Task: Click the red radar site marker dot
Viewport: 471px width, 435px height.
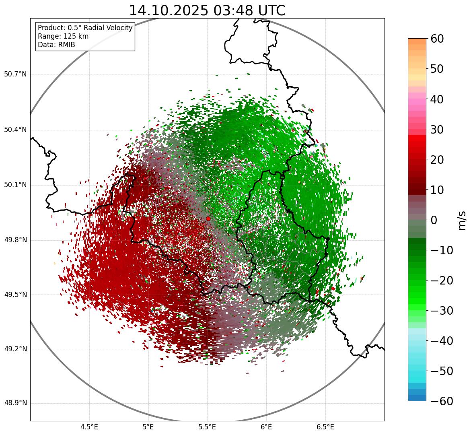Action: (x=208, y=219)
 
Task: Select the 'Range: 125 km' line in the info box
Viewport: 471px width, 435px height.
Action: (x=63, y=36)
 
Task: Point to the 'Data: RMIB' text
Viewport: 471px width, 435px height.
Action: (x=56, y=45)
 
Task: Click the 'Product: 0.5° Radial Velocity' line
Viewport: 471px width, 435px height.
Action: (x=85, y=28)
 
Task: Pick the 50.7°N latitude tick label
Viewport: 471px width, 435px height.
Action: (x=15, y=74)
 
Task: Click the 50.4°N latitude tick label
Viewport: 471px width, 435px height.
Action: (x=15, y=130)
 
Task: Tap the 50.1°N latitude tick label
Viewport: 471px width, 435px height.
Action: (x=15, y=185)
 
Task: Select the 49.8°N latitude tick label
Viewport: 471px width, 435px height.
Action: (x=15, y=240)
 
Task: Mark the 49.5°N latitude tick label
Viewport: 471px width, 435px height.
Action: (x=15, y=295)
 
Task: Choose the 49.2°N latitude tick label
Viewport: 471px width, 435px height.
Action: (x=15, y=349)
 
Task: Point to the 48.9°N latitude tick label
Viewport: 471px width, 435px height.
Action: (x=15, y=403)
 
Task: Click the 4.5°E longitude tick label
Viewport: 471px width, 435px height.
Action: (x=89, y=427)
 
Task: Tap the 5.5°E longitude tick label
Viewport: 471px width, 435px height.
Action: (x=207, y=427)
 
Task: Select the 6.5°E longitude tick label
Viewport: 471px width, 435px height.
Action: (x=325, y=427)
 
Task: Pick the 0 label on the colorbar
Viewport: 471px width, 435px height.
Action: (x=434, y=220)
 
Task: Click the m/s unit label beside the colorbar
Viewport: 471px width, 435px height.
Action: (x=462, y=220)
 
